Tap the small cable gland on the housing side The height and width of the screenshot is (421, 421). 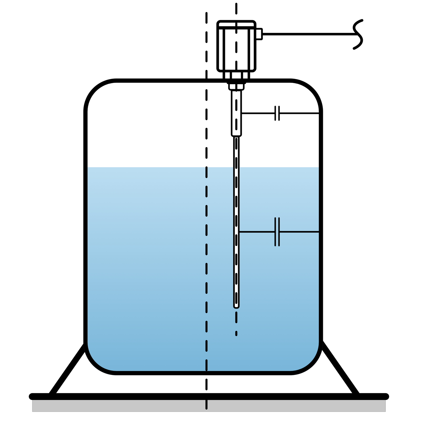tap(259, 34)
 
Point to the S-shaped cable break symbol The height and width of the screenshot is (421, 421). tap(358, 34)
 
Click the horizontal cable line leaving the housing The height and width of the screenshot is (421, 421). tap(308, 34)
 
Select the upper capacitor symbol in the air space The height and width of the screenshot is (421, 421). tap(277, 113)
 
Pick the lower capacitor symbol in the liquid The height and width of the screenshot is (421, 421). tap(277, 232)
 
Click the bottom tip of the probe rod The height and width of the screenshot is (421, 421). tap(236, 306)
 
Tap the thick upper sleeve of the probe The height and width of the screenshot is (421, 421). tap(236, 113)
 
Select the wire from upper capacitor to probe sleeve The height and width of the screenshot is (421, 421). tap(258, 113)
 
